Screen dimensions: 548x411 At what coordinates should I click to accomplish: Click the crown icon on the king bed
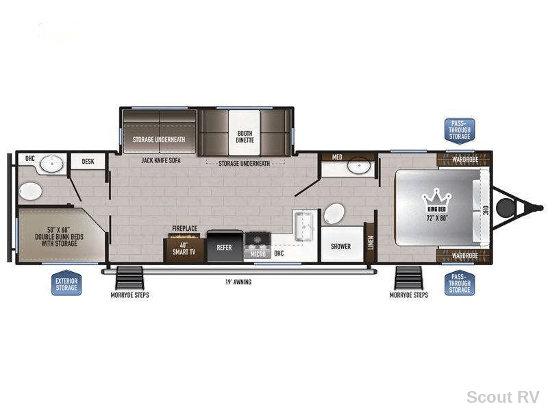pos(436,197)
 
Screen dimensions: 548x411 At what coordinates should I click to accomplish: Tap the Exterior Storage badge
pos(66,283)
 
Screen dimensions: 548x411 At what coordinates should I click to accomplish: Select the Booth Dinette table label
pos(245,136)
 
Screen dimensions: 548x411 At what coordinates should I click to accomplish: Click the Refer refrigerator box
pos(225,246)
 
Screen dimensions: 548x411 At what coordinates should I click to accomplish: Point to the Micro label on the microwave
pos(258,254)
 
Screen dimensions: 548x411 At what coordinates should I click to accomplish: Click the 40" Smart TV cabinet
pos(184,250)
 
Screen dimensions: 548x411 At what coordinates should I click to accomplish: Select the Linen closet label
pos(371,242)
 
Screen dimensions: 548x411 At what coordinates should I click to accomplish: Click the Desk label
pos(88,162)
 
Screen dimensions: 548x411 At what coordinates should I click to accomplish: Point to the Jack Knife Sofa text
pos(161,160)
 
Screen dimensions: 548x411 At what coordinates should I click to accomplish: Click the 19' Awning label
pos(238,282)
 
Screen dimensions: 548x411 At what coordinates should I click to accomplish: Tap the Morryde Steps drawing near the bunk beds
pos(129,278)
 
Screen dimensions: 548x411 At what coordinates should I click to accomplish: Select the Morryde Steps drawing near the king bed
pos(408,278)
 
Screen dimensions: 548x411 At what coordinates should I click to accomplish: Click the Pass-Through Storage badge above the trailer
pos(460,131)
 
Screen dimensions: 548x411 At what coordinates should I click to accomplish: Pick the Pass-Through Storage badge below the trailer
pos(460,283)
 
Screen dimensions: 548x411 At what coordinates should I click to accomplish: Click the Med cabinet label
pos(337,157)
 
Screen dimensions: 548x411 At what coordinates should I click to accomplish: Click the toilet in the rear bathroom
pos(30,191)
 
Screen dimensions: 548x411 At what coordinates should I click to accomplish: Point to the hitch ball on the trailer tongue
pos(506,208)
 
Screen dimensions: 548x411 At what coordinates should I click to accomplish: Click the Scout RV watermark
pos(503,397)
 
